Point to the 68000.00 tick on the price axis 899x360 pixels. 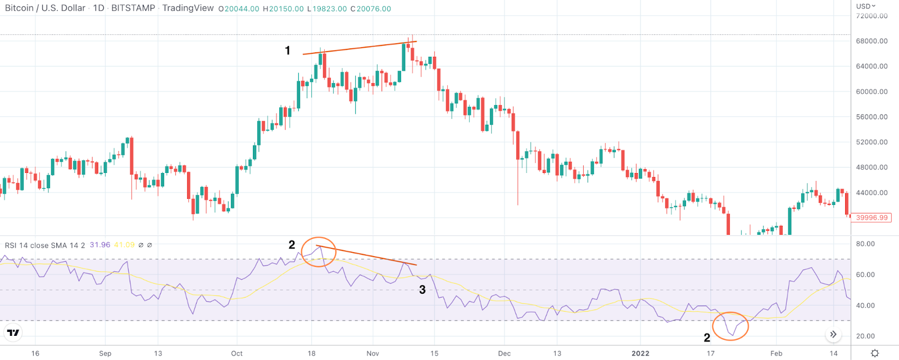tap(872, 41)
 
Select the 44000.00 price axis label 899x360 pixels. tap(872, 193)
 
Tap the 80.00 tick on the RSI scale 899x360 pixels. tap(866, 244)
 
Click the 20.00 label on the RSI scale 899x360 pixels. tap(866, 336)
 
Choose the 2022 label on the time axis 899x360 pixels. tap(640, 353)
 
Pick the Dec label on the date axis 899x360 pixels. tap(504, 353)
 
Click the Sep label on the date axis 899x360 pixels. tap(105, 353)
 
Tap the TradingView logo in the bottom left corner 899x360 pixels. tap(13, 332)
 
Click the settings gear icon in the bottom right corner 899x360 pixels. tap(875, 353)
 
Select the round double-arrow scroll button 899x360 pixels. tap(833, 335)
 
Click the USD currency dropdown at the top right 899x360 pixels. tap(866, 6)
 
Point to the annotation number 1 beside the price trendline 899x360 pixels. tap(288, 51)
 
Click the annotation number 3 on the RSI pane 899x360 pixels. tap(423, 290)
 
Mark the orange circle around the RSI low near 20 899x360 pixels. tap(730, 326)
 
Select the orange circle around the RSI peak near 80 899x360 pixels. tap(319, 252)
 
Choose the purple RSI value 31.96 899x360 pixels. tap(99, 245)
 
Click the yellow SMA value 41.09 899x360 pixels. tap(124, 245)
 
